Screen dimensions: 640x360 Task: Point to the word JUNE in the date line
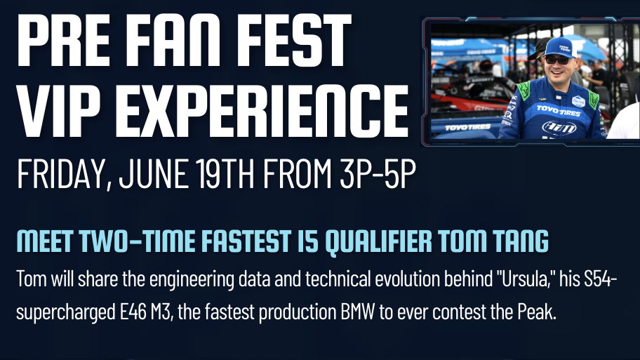point(154,173)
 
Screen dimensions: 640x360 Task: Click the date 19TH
point(225,173)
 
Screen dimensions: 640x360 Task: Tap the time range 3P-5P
point(378,173)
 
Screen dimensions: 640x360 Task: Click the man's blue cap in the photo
point(561,47)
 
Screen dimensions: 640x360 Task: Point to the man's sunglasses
point(558,60)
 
